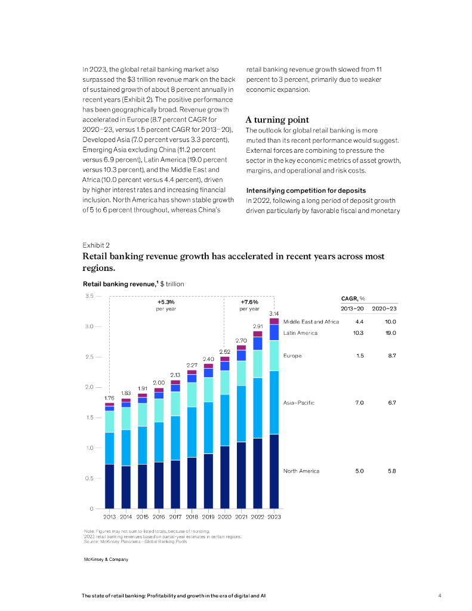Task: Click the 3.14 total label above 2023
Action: tap(274, 314)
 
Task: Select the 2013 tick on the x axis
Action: tap(110, 517)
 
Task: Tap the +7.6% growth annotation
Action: tap(249, 302)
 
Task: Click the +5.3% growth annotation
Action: tap(166, 302)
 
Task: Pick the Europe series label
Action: tap(292, 356)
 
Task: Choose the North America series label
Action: tap(301, 471)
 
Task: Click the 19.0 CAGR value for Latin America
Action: tap(391, 333)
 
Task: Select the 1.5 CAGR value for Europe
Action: tap(359, 356)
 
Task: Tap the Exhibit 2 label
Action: tap(95, 245)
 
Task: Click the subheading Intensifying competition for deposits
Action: tap(306, 190)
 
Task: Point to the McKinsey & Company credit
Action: tap(106, 559)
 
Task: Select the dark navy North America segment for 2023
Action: tap(274, 471)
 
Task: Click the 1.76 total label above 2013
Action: tap(109, 397)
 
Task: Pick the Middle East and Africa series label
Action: tap(311, 322)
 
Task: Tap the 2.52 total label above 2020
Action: tap(225, 351)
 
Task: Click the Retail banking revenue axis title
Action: tap(134, 284)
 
